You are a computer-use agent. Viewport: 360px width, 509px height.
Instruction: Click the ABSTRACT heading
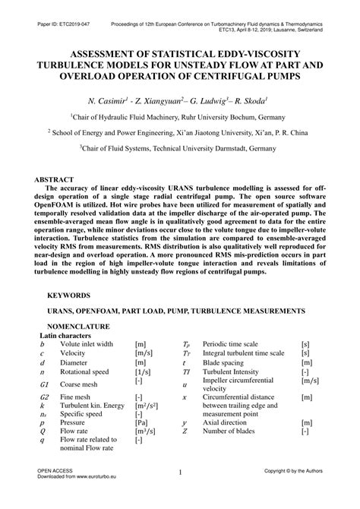pos(58,180)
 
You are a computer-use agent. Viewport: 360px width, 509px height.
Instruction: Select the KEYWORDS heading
pos(69,295)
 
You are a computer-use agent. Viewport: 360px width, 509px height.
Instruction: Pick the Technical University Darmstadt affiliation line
pos(180,150)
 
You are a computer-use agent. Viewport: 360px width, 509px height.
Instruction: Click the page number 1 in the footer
pos(180,495)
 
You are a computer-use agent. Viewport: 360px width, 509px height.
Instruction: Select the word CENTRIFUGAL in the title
pos(232,76)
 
